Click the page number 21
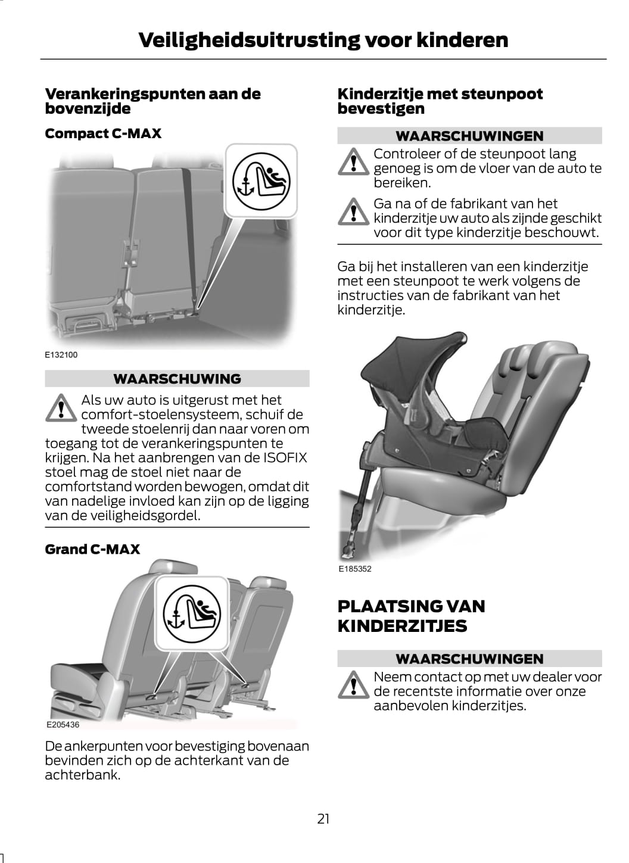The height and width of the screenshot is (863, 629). tap(323, 818)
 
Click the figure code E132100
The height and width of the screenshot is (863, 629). tap(61, 355)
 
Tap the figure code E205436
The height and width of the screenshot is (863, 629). tap(63, 725)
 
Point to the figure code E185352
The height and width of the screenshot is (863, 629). tap(355, 569)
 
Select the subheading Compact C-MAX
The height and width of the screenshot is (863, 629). tap(103, 133)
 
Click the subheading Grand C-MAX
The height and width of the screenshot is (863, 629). tap(92, 549)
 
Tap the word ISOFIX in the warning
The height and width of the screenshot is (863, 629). tap(285, 457)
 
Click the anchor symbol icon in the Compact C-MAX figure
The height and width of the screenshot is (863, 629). tap(261, 180)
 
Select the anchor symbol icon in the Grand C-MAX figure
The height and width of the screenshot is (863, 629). tap(192, 614)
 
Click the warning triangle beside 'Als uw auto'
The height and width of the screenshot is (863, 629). tap(61, 408)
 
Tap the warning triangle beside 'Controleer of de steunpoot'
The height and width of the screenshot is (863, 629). tap(353, 162)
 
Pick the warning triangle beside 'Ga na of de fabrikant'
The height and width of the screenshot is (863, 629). tap(353, 211)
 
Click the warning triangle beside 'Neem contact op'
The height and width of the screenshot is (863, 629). tap(353, 684)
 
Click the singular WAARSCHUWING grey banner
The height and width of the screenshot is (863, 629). tap(178, 378)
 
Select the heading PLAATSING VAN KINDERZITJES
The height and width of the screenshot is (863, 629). tap(411, 616)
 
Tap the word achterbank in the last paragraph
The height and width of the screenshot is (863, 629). tap(82, 775)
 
